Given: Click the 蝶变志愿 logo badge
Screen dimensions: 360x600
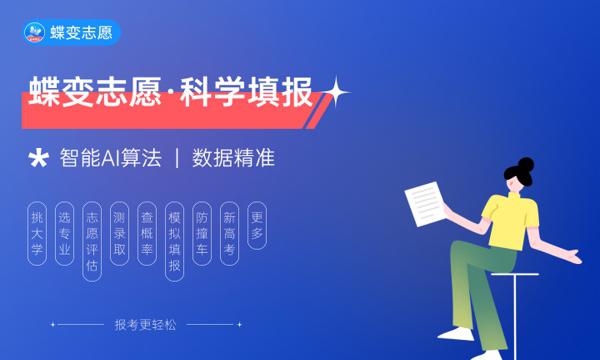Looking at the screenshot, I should pyautogui.click(x=72, y=32).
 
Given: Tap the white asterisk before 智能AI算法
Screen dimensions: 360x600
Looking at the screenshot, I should pyautogui.click(x=39, y=158).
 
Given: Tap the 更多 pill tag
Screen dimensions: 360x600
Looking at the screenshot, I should pyautogui.click(x=257, y=225).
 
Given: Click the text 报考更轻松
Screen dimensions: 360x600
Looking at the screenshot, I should pyautogui.click(x=146, y=324).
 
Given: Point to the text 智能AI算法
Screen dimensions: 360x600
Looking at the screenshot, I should pyautogui.click(x=110, y=158).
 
